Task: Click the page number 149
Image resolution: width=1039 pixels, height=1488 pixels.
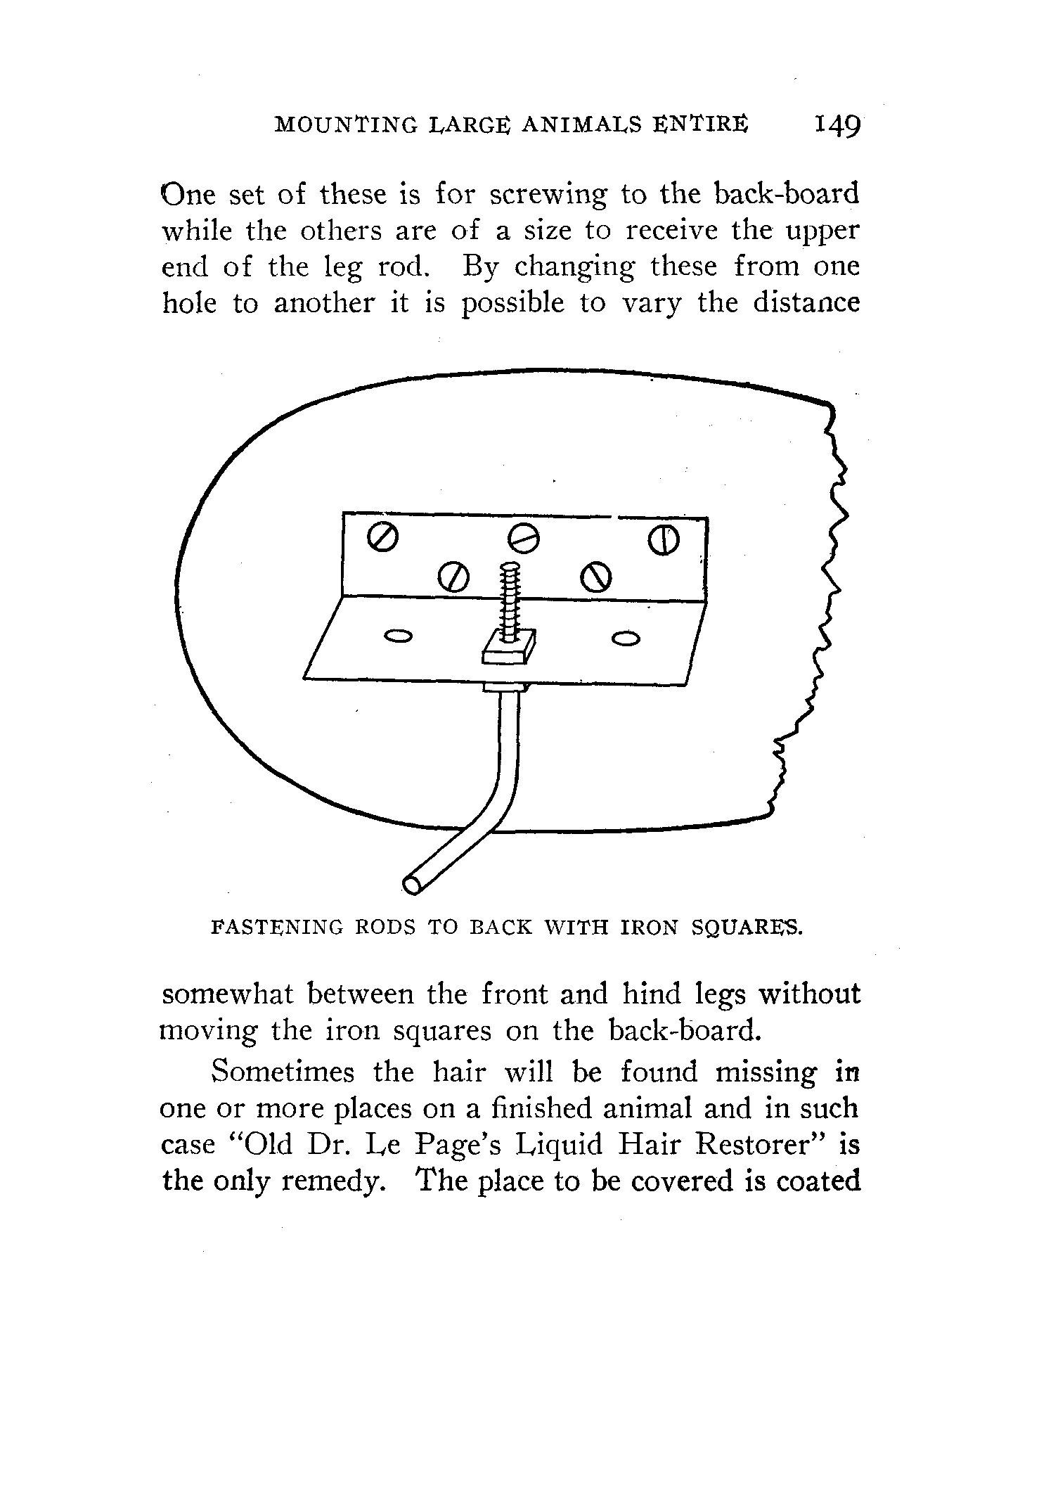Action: tap(836, 126)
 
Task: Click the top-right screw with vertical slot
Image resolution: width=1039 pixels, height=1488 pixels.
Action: tap(665, 539)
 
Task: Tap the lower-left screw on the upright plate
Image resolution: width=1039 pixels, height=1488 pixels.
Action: tap(453, 577)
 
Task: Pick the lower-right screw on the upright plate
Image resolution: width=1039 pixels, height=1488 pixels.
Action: tap(595, 577)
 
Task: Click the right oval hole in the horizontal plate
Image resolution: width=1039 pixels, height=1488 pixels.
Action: tap(626, 639)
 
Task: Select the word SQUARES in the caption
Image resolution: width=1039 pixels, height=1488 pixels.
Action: tap(746, 928)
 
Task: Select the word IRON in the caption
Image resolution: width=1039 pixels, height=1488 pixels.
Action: tap(647, 928)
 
